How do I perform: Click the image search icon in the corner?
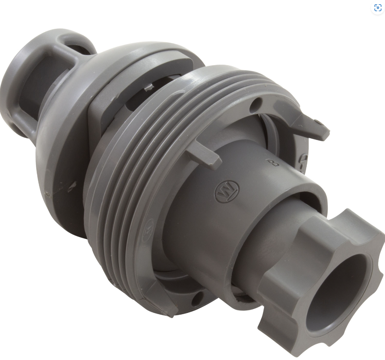pyautogui.click(x=377, y=8)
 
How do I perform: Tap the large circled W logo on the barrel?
pyautogui.click(x=227, y=193)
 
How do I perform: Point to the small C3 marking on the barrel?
pyautogui.click(x=270, y=162)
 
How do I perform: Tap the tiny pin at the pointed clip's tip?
pyautogui.click(x=320, y=123)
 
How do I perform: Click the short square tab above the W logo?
pyautogui.click(x=204, y=153)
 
